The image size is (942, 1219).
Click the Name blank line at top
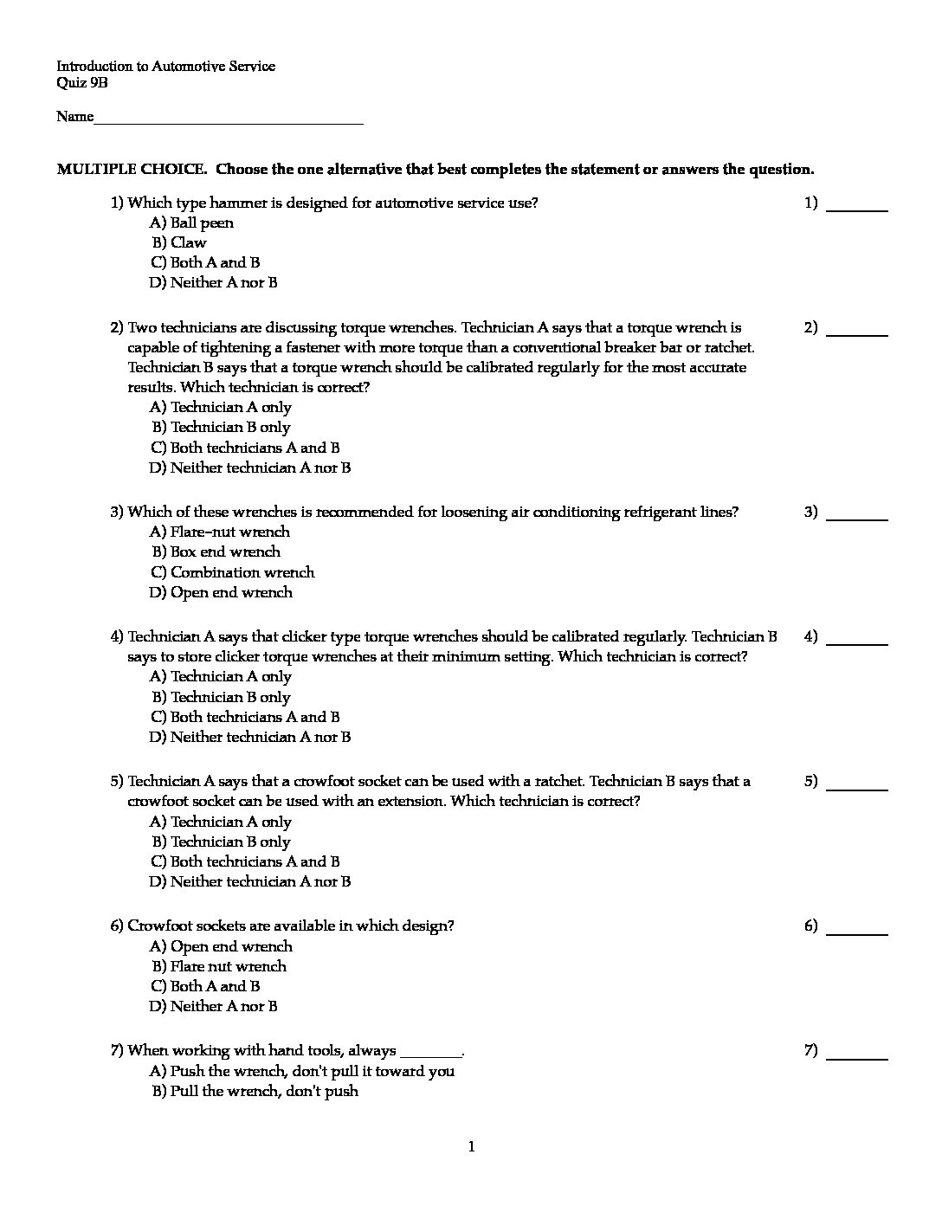228,119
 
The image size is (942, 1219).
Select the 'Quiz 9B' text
82,83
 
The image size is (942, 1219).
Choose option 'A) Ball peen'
191,223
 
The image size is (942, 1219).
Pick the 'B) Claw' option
179,243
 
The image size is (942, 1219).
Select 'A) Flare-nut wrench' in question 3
220,532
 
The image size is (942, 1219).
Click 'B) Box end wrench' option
216,552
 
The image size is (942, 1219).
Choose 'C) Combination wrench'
232,572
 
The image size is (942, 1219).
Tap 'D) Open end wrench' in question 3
221,593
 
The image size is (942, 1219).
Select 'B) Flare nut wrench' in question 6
219,967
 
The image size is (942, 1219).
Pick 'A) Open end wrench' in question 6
221,947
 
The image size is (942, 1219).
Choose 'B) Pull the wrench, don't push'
255,1092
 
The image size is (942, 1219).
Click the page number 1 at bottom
471,1148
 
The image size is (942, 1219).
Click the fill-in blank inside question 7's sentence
431,1053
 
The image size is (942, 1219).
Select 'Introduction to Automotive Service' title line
165,67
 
